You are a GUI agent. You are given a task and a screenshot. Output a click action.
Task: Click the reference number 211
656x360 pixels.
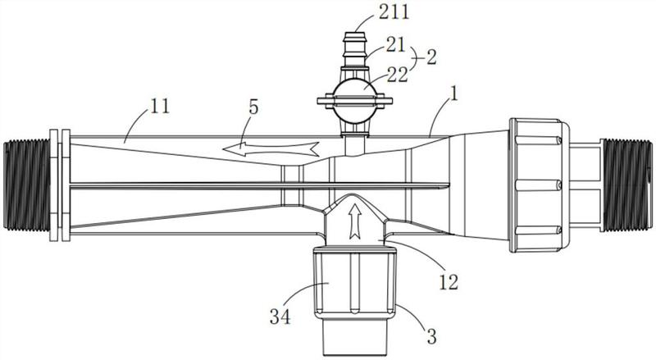tap(394, 11)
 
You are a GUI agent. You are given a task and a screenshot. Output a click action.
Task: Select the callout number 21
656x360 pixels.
tap(396, 45)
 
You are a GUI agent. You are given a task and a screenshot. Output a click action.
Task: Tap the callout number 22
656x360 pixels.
tap(397, 75)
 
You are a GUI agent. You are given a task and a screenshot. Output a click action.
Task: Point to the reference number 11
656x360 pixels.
tap(160, 107)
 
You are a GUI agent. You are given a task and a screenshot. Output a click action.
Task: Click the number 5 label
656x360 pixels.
tap(253, 107)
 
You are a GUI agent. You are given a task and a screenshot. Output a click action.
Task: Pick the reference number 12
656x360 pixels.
tap(448, 282)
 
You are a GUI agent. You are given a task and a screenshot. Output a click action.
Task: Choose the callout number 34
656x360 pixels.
tap(280, 317)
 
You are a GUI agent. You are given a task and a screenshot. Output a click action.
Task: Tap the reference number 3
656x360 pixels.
tap(431, 336)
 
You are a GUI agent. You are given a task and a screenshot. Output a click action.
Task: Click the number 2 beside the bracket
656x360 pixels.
tap(431, 57)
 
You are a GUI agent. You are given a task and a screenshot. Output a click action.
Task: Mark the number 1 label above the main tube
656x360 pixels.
tap(453, 93)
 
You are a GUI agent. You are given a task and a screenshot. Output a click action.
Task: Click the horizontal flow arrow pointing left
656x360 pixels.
tap(271, 148)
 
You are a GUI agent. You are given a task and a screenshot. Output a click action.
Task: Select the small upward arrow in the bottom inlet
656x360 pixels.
tap(355, 221)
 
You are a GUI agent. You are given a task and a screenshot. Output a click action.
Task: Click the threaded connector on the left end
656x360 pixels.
tap(27, 185)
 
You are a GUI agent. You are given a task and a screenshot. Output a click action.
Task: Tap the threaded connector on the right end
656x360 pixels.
tap(626, 185)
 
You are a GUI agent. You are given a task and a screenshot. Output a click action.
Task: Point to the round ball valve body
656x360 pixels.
tap(355, 101)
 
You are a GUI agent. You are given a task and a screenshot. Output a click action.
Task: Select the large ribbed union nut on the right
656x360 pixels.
tap(540, 185)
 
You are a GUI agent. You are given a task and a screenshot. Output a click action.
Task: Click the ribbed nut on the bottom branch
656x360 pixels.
tap(355, 284)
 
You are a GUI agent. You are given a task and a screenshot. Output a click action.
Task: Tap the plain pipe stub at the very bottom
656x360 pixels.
tap(355, 337)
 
